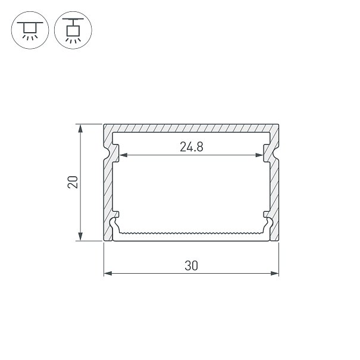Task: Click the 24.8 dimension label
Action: (192, 147)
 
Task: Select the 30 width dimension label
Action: (191, 265)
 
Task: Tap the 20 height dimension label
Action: (73, 182)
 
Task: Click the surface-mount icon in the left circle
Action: (30, 30)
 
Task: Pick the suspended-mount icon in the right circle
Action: (73, 30)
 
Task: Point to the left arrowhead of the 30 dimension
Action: (108, 274)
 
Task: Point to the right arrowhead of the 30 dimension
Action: (274, 274)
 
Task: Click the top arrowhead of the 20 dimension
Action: (80, 129)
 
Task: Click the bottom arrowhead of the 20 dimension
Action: (80, 236)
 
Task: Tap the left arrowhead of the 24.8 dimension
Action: (124, 155)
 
